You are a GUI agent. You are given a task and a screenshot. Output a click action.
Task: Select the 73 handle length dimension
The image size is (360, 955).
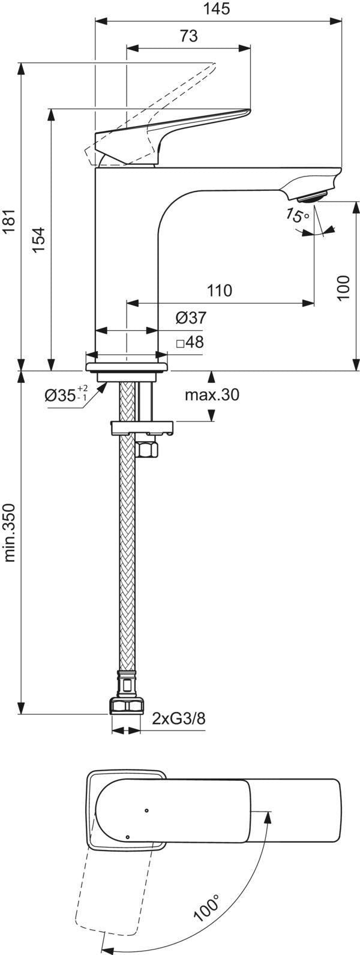coord(189,36)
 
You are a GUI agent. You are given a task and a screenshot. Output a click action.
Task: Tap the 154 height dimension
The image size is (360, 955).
coord(39,240)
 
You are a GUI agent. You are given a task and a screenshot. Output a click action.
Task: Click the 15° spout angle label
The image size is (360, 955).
coord(298,215)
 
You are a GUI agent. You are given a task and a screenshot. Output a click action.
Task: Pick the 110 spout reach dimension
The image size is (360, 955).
coord(220,291)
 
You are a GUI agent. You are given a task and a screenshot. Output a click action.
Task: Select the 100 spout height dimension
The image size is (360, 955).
coord(344,287)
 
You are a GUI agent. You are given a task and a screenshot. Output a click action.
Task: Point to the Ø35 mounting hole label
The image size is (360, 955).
coord(66,394)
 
